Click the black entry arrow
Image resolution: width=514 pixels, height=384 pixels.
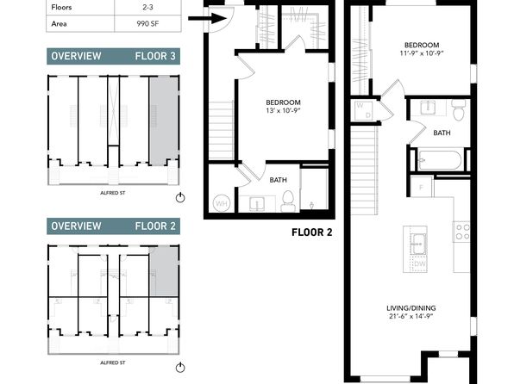pyautogui.click(x=208, y=18)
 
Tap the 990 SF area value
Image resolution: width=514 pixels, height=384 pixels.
pyautogui.click(x=147, y=23)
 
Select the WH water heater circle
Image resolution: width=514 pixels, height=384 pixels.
pyautogui.click(x=222, y=203)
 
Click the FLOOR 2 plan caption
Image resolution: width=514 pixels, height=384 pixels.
pyautogui.click(x=311, y=232)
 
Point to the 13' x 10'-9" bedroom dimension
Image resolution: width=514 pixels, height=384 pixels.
pyautogui.click(x=283, y=111)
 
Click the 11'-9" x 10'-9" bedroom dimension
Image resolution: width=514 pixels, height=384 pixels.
pyautogui.click(x=422, y=53)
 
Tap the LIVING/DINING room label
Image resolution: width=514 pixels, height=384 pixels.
pyautogui.click(x=411, y=308)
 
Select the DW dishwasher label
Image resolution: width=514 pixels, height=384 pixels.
pyautogui.click(x=420, y=263)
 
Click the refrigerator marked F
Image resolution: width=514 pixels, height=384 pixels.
pyautogui.click(x=422, y=187)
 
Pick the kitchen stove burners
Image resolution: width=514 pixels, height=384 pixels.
pyautogui.click(x=462, y=232)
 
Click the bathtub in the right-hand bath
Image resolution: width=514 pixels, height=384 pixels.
pyautogui.click(x=440, y=160)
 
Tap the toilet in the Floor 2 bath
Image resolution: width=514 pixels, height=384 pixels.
pyautogui.click(x=288, y=201)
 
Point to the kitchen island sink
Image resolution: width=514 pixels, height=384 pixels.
pyautogui.click(x=418, y=244)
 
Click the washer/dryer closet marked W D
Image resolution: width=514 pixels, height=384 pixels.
pyautogui.click(x=364, y=110)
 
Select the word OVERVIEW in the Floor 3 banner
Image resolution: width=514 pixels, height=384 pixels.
pyautogui.click(x=76, y=56)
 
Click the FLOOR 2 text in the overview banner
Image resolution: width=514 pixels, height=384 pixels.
pyautogui.click(x=155, y=226)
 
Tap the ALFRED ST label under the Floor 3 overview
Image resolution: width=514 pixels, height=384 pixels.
pyautogui.click(x=113, y=193)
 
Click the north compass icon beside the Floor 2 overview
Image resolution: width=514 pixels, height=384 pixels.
pyautogui.click(x=180, y=368)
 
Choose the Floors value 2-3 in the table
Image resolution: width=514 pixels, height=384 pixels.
pyautogui.click(x=147, y=7)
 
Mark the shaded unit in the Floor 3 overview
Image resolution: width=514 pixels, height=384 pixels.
pyautogui.click(x=164, y=121)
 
